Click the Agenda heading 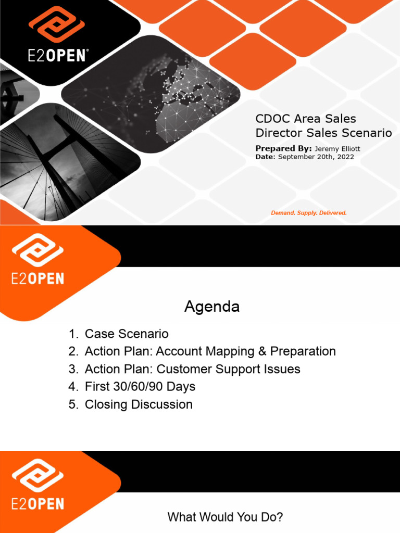point(212,307)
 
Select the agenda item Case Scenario point(127,334)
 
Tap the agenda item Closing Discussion point(139,404)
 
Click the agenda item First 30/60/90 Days point(140,387)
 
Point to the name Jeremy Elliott point(337,149)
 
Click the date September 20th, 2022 point(316,157)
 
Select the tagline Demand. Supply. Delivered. point(309,213)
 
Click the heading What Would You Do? point(225,517)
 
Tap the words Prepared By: point(283,149)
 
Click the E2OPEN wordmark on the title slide point(57,56)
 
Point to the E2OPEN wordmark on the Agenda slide point(37,278)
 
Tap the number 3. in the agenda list point(72,369)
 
